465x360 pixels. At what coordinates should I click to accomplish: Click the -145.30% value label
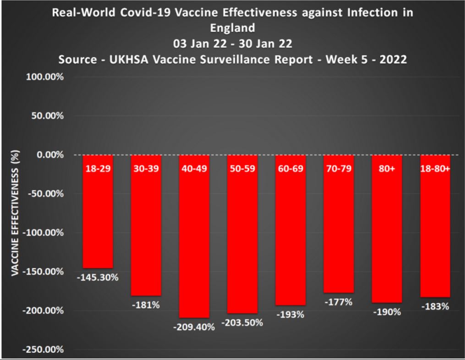tap(98, 277)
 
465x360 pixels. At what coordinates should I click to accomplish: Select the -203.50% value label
tap(242, 322)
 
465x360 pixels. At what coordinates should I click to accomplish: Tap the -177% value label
tap(339, 302)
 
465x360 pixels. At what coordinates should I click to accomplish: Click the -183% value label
tap(435, 306)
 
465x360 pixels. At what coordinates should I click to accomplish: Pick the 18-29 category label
tap(98, 169)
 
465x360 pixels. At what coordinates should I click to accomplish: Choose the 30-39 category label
tap(146, 169)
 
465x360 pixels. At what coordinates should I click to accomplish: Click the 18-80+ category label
tap(435, 169)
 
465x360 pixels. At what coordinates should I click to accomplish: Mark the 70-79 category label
tap(339, 169)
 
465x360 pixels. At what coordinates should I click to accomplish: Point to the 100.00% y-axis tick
tap(48, 76)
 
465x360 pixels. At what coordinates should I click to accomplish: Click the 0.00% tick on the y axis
tap(51, 154)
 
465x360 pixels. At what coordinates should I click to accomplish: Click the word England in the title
tap(232, 27)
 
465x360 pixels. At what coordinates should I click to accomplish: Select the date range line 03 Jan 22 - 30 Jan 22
tap(232, 44)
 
